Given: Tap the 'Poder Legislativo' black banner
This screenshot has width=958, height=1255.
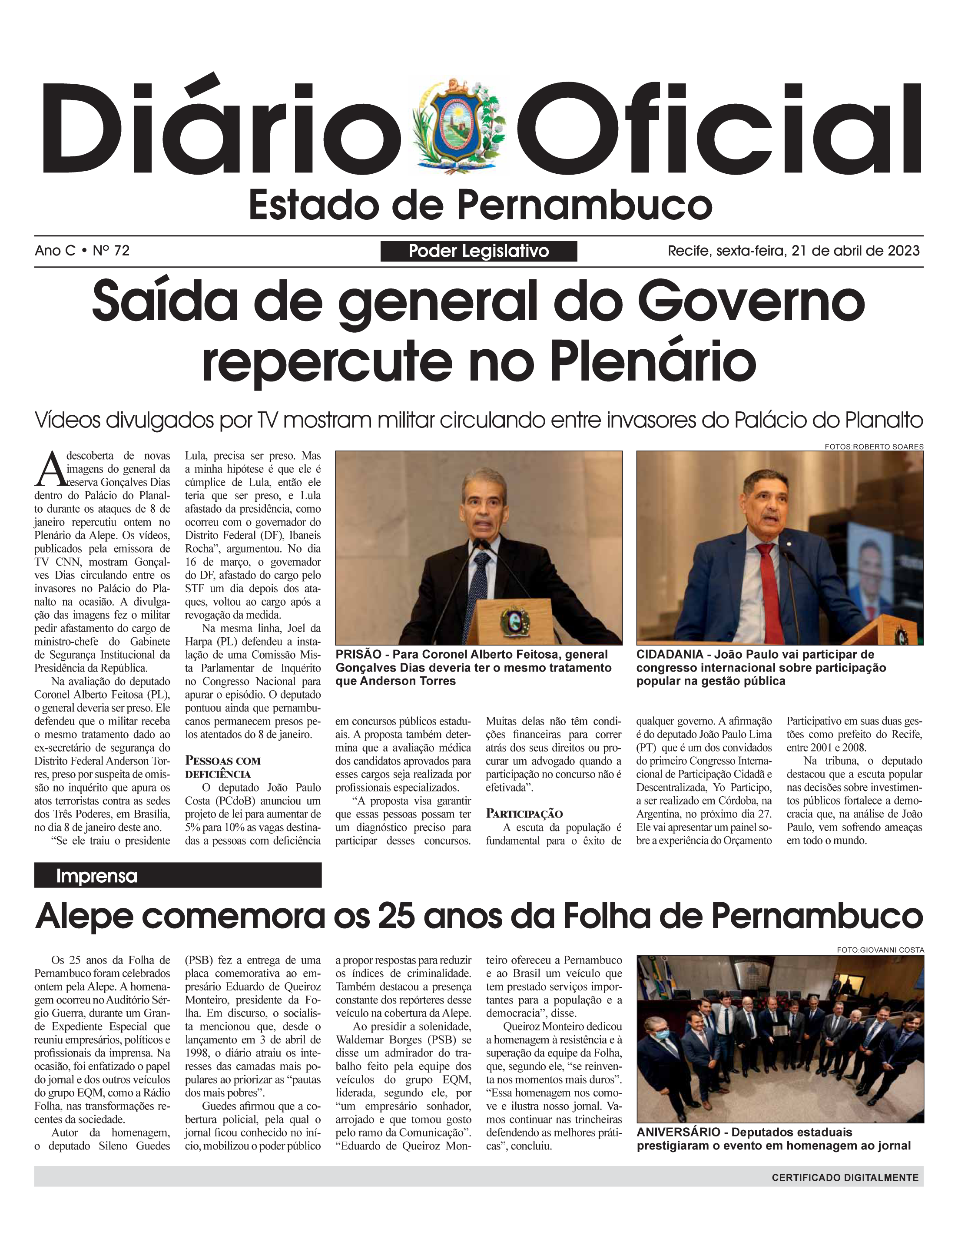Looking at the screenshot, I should [x=478, y=251].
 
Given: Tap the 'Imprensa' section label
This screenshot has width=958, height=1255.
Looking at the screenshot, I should [x=96, y=876].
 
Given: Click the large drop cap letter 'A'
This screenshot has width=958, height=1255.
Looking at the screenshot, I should [x=49, y=469].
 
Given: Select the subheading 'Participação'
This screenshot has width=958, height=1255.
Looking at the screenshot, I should [x=524, y=814].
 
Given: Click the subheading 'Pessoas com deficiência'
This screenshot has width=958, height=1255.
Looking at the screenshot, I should [x=222, y=767].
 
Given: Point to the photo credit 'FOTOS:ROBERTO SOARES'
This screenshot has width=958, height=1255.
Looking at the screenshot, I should [x=874, y=447].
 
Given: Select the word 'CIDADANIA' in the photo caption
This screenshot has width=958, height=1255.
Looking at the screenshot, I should [x=670, y=655].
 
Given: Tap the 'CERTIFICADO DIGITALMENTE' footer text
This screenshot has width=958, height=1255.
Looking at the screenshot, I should [x=845, y=1177].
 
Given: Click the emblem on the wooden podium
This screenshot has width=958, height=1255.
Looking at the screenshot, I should [x=515, y=620].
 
